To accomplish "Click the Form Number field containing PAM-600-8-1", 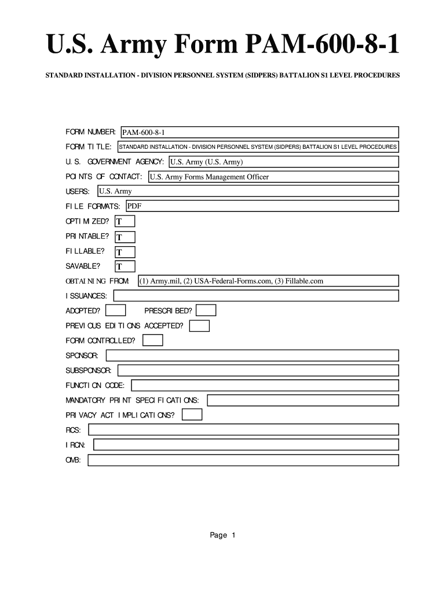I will (x=259, y=133).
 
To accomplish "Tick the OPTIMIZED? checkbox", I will (x=125, y=221).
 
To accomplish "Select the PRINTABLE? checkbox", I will (x=125, y=237).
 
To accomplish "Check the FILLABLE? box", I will (x=125, y=252).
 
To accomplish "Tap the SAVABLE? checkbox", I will (x=125, y=266).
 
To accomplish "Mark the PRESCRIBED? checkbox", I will (x=206, y=311).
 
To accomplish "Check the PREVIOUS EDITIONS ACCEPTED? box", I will (x=199, y=326).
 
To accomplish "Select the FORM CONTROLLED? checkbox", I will (x=153, y=341).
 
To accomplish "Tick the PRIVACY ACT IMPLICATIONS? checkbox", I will (x=192, y=415).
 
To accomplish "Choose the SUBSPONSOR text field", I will (x=258, y=370).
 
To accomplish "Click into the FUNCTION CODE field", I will (x=265, y=385).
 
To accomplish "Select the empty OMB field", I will (x=243, y=460).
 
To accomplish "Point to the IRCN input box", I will (x=246, y=445).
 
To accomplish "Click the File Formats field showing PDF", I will (x=262, y=206).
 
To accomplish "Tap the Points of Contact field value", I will (x=273, y=177).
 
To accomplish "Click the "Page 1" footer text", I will (x=223, y=535).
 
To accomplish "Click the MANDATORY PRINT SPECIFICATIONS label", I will (x=133, y=400).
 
